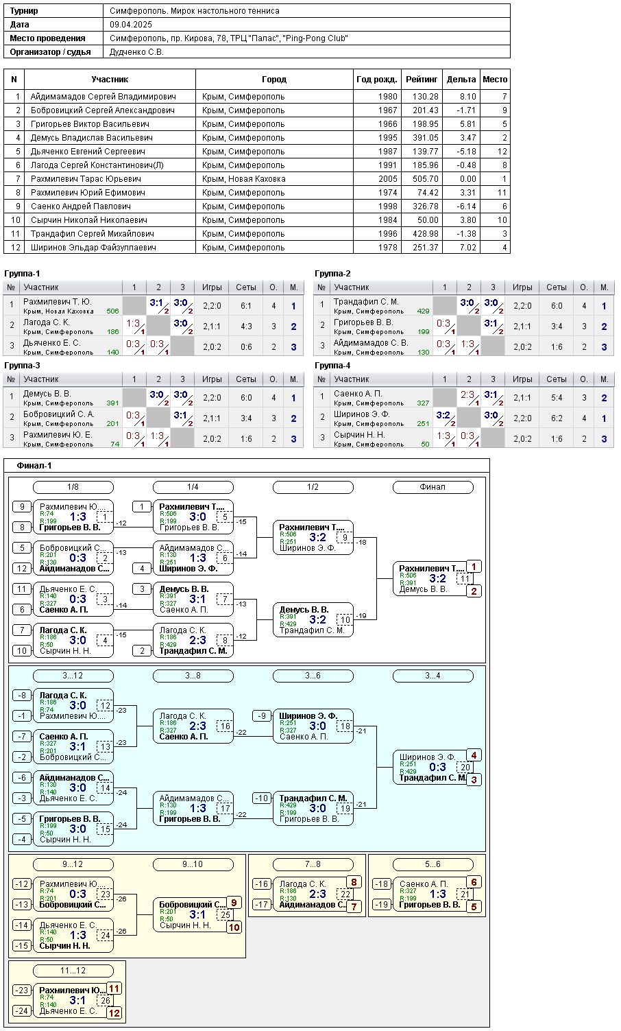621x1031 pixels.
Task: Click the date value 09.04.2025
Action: point(131,25)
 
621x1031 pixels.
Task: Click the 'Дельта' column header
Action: point(461,79)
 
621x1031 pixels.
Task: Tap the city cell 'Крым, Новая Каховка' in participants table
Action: point(244,178)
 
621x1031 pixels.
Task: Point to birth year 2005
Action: point(388,178)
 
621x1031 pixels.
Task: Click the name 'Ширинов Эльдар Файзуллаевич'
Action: point(93,247)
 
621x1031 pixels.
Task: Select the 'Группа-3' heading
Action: point(22,366)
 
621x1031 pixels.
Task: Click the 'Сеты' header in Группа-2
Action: point(556,287)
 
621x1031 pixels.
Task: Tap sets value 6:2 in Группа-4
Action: point(557,418)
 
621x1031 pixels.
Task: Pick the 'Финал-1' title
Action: point(34,465)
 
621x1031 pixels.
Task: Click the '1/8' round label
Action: point(73,487)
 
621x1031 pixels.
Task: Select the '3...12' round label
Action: point(73,676)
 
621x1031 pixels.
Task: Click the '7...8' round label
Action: point(313,864)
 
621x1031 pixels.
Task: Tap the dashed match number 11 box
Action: point(465,578)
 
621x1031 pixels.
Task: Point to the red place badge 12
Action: point(114,1012)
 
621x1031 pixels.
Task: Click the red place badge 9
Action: point(234,903)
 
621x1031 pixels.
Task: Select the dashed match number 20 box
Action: point(465,768)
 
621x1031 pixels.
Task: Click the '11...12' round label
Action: point(73,971)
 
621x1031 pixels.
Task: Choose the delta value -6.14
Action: point(467,206)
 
